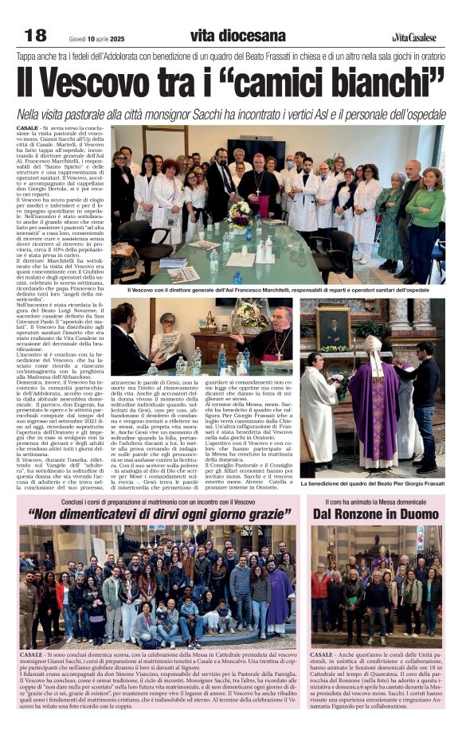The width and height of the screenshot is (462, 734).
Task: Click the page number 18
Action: click(x=36, y=35)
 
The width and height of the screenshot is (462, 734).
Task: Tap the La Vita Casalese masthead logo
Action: click(x=414, y=37)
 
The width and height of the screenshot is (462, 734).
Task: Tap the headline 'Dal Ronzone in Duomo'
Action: click(x=385, y=514)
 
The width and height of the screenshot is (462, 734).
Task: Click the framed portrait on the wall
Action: click(x=334, y=326)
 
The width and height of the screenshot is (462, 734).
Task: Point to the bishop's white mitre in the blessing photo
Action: click(x=374, y=345)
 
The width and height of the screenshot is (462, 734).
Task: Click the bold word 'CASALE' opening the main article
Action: click(x=28, y=127)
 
